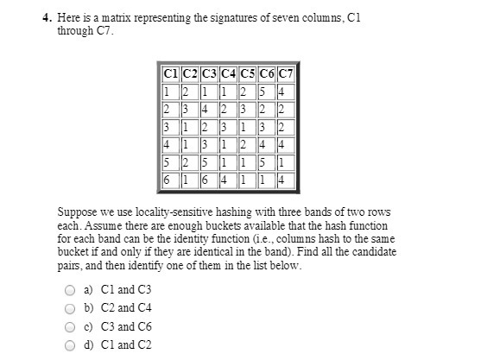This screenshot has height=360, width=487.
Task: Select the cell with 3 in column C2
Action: pos(186,109)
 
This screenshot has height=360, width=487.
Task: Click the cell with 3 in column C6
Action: pos(264,127)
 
